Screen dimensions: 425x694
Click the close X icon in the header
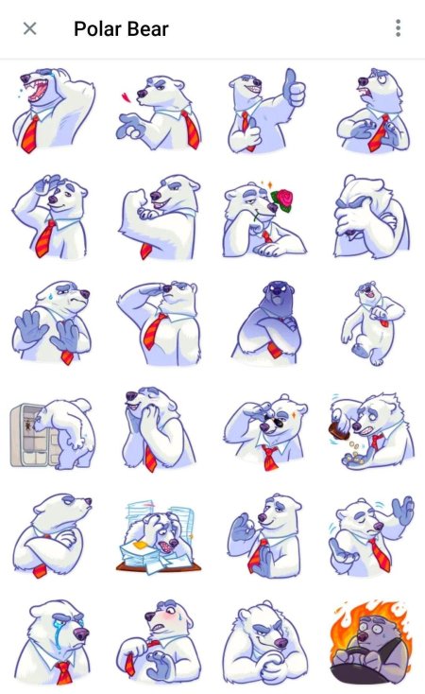pyautogui.click(x=29, y=28)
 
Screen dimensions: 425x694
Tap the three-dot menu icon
pyautogui.click(x=398, y=28)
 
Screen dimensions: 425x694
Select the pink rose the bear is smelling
pyautogui.click(x=282, y=200)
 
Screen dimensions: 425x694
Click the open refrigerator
pyautogui.click(x=32, y=436)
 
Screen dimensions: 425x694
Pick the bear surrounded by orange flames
pyautogui.click(x=372, y=641)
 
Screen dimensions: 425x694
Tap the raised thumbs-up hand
pyautogui.click(x=294, y=88)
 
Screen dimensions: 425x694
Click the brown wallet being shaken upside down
pyautogui.click(x=339, y=430)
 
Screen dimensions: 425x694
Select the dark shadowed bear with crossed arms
pyautogui.click(x=268, y=321)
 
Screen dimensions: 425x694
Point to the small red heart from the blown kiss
pyautogui.click(x=126, y=97)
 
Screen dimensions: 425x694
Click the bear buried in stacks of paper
pyautogui.click(x=158, y=537)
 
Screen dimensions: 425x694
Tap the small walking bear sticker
pyautogui.click(x=372, y=322)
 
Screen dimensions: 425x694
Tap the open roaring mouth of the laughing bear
pyautogui.click(x=39, y=91)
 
